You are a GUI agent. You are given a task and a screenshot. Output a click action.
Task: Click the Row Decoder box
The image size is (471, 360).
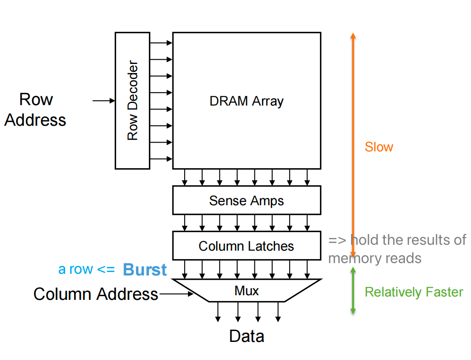132,101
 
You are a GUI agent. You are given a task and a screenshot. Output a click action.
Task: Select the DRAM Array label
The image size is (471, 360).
246,101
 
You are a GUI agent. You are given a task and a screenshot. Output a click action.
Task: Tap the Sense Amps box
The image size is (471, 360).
246,201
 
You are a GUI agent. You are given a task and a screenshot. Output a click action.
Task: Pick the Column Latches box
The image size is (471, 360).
246,246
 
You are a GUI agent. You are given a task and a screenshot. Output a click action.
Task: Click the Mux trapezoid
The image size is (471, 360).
247,290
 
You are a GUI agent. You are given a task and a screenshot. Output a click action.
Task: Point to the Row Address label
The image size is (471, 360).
35,110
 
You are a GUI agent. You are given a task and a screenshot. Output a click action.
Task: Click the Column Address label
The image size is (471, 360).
96,294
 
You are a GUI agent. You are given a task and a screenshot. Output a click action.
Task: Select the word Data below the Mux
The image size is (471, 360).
247,336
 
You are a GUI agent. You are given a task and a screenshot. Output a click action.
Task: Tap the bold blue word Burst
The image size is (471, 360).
145,270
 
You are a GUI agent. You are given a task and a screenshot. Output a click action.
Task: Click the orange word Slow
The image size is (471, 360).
379,147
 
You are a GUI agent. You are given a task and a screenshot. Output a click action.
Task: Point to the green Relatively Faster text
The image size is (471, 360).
414,292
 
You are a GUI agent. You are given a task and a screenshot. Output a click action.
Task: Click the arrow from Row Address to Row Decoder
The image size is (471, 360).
103,101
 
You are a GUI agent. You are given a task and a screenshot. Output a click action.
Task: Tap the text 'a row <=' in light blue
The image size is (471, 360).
86,269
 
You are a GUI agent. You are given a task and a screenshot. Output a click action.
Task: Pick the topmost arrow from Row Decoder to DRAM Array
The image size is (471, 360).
161,42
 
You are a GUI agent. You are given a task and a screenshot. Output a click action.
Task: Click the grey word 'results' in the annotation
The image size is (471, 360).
425,240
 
